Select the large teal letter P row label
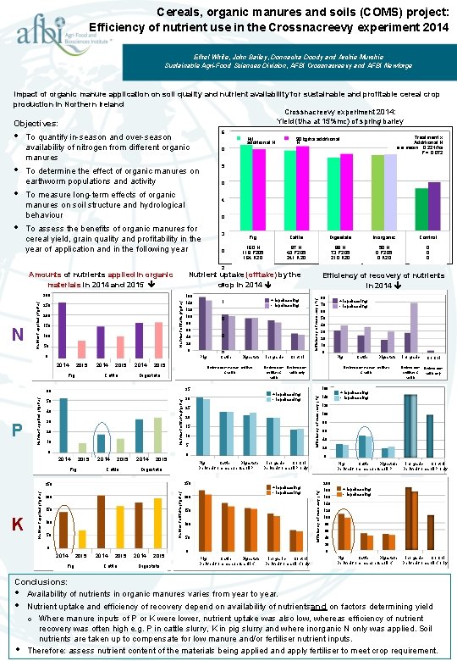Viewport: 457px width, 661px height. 17,430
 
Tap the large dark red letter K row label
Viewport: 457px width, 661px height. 18,525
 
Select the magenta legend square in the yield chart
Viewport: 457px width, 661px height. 289,139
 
